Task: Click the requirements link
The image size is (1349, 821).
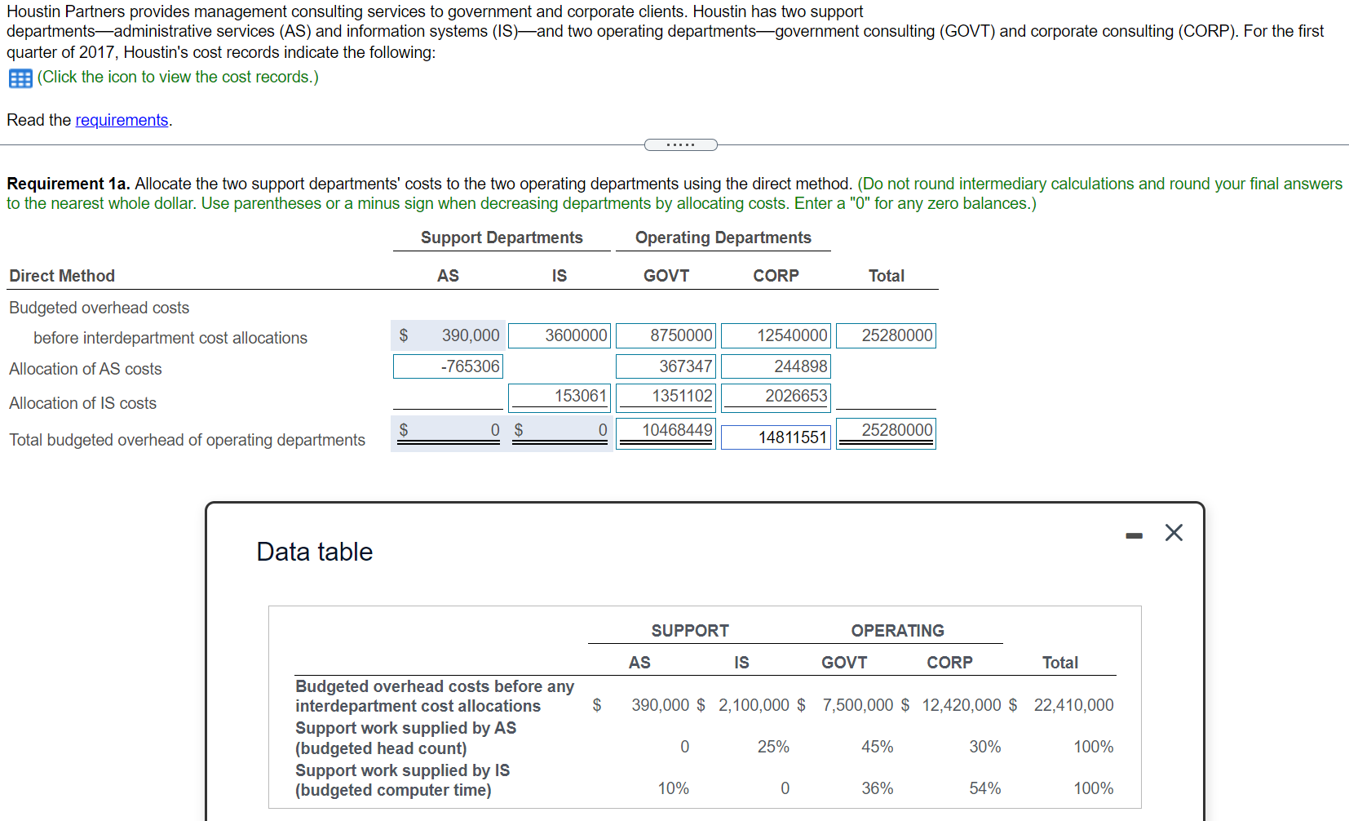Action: coord(122,120)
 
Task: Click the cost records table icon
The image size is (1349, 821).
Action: coord(20,78)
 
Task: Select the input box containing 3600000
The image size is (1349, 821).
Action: coord(559,335)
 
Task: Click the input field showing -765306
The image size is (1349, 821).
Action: coord(448,366)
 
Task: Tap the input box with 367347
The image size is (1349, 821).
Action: coord(666,366)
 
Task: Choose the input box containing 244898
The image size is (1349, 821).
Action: coord(776,366)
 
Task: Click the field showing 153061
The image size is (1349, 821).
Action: coord(559,397)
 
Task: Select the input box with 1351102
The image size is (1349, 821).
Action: coord(666,397)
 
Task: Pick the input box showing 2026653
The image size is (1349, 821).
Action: coord(776,397)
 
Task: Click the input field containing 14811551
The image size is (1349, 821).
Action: coord(776,437)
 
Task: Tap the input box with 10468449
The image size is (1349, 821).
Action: coord(666,430)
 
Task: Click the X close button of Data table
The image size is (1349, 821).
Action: coord(1174,533)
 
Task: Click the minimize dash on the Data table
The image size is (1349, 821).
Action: coord(1134,535)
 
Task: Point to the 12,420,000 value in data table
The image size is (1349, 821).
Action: coord(961,705)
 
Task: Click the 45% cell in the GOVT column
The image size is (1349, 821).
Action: coord(877,747)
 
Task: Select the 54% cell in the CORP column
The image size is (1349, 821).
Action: coord(984,788)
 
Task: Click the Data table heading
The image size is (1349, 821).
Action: coord(315,552)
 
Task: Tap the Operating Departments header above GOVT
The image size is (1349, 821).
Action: coord(723,237)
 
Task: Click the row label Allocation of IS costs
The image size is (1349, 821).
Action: coord(83,403)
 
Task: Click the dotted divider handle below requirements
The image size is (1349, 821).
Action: coord(680,145)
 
